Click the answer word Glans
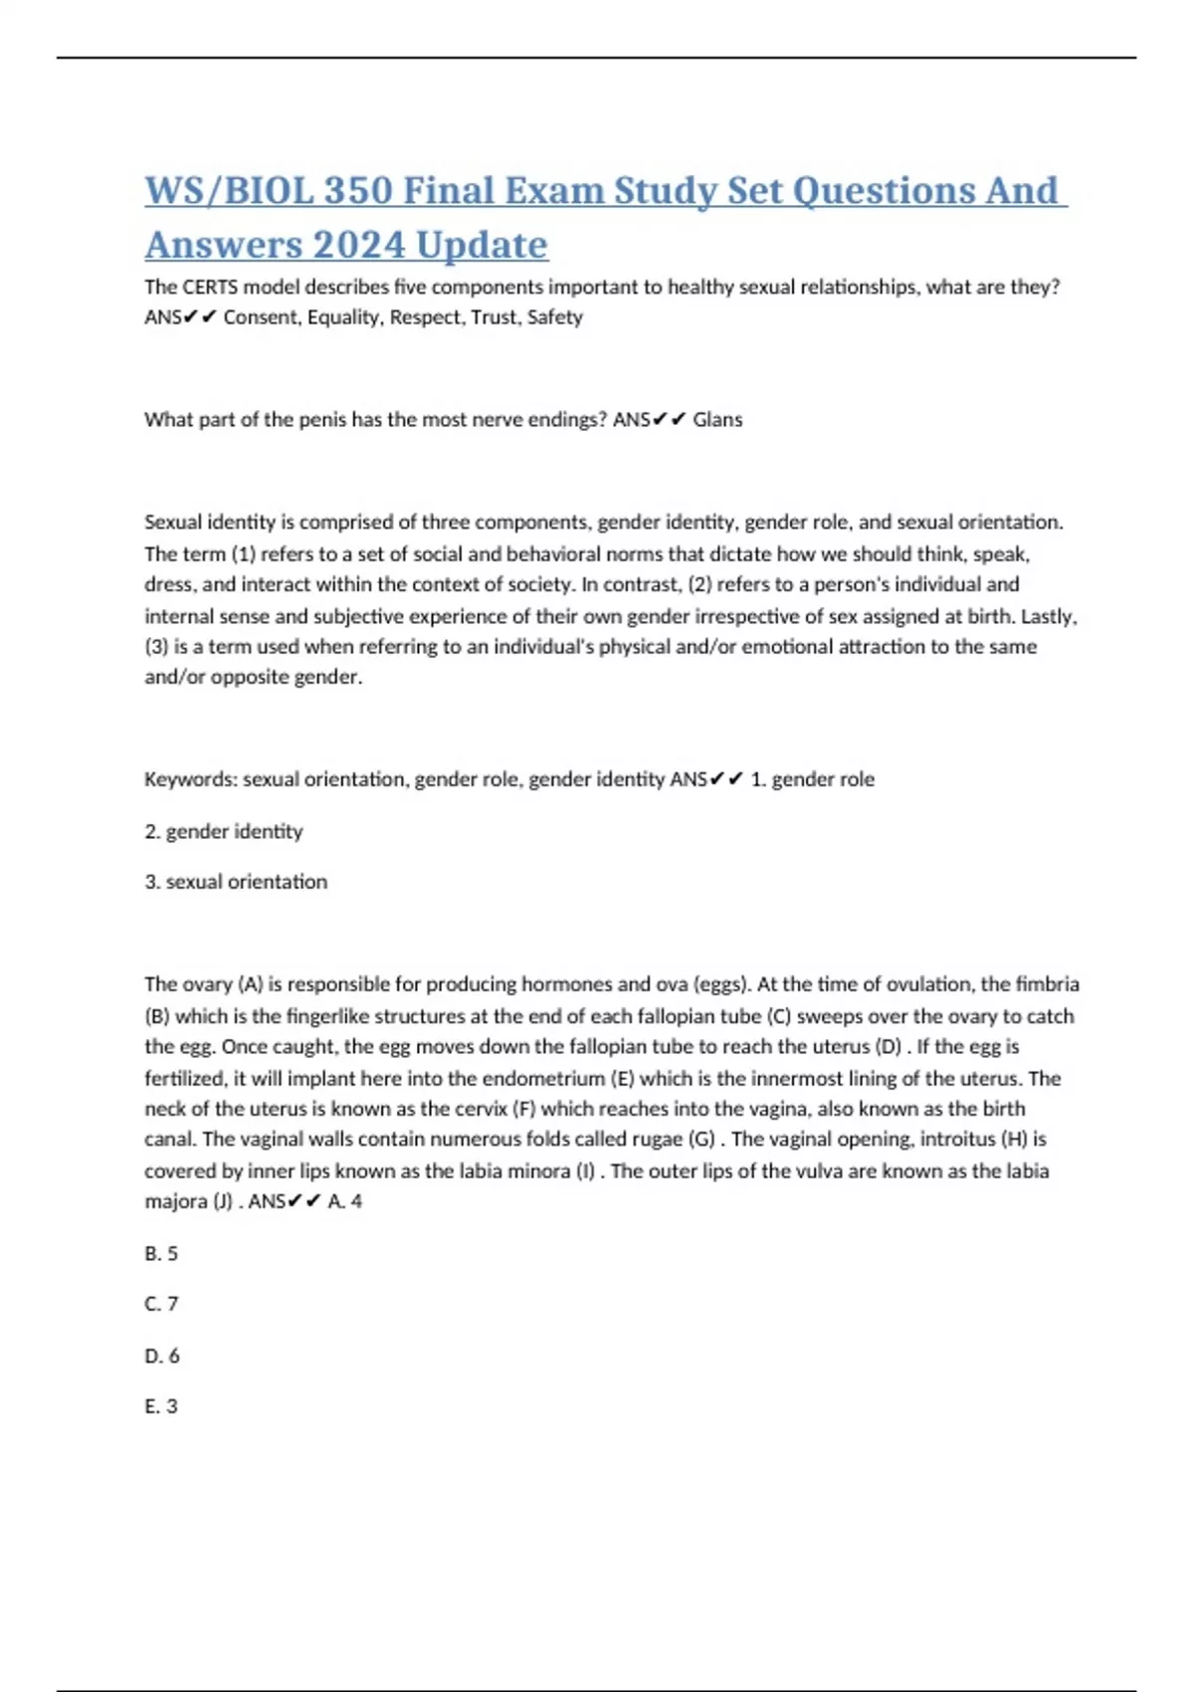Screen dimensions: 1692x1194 (x=717, y=419)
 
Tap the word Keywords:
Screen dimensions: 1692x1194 (x=190, y=779)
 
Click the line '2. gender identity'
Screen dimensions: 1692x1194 (x=224, y=831)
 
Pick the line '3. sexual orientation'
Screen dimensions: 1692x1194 (x=236, y=882)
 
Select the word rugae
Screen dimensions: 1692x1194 (x=658, y=1139)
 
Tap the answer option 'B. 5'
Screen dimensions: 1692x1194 (x=161, y=1254)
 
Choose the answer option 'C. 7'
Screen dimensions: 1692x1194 (x=161, y=1304)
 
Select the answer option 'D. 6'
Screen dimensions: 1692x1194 (x=162, y=1356)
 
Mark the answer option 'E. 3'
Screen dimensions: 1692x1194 (x=161, y=1406)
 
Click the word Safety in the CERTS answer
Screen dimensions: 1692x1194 (x=555, y=317)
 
